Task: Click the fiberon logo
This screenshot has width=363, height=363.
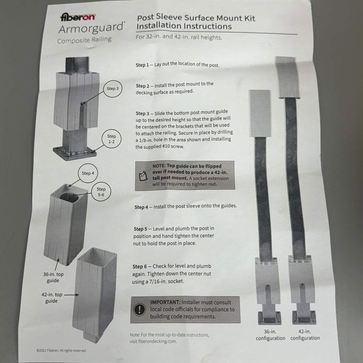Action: tap(78, 17)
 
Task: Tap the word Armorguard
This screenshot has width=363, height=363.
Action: tap(91, 28)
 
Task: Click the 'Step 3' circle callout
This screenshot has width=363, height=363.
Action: tap(113, 89)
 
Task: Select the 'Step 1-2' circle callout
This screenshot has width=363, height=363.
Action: tap(111, 139)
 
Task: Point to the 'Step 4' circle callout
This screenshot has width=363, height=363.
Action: tap(88, 173)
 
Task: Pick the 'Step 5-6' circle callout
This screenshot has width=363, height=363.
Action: tap(101, 192)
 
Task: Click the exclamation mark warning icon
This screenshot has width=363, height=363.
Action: tap(139, 309)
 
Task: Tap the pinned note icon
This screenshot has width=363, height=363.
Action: tap(143, 176)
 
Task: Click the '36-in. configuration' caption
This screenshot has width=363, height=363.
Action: tap(271, 335)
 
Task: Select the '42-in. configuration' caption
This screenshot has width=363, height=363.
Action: tap(305, 335)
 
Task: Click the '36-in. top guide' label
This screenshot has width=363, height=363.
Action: tap(53, 277)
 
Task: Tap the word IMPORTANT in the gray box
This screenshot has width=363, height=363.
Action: tap(165, 302)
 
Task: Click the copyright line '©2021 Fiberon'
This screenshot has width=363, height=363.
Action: tap(61, 351)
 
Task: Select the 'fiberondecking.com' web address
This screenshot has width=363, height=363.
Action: tap(157, 341)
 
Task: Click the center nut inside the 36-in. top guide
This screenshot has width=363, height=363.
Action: tap(69, 197)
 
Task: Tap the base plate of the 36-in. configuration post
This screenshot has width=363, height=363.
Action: tap(270, 318)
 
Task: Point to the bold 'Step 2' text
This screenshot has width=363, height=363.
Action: tap(142, 86)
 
